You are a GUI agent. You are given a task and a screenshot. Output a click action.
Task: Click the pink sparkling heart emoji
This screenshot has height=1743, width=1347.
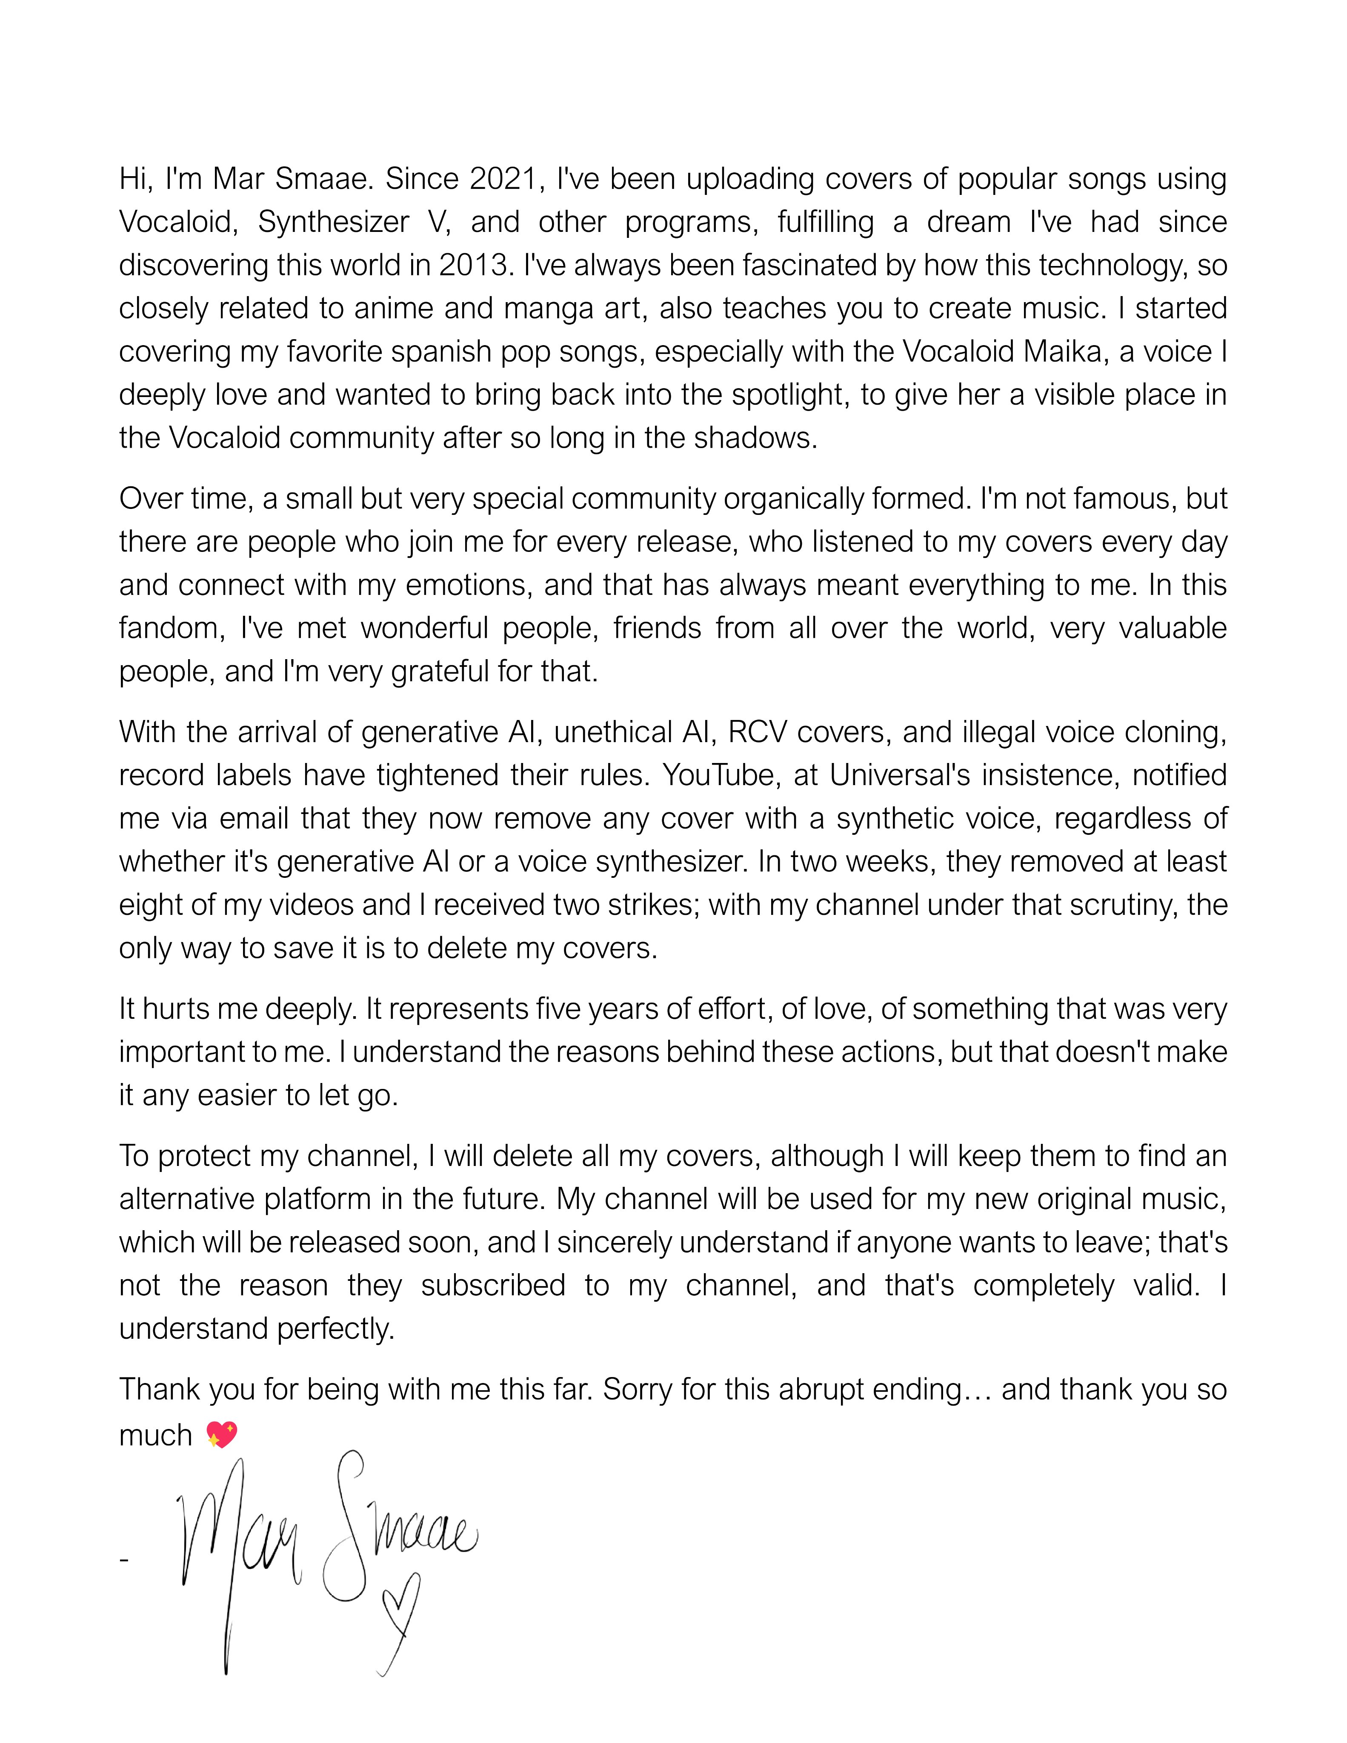tap(221, 1435)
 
